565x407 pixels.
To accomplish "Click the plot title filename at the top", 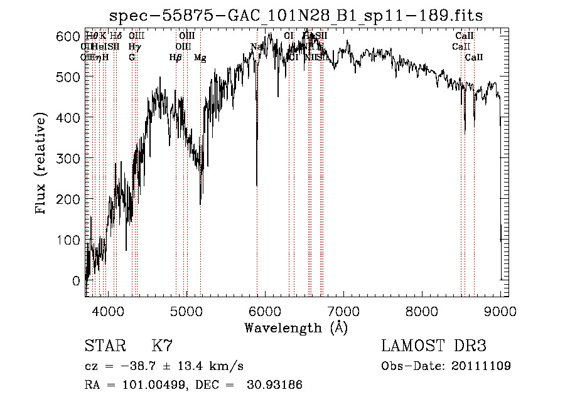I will (x=296, y=16).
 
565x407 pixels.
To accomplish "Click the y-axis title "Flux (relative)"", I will (x=41, y=164).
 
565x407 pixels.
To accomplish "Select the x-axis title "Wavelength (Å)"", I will (x=296, y=327).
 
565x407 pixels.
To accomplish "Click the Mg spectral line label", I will (x=200, y=58).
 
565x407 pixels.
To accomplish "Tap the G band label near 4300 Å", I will (x=132, y=58).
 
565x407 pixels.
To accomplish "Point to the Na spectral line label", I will (x=256, y=47).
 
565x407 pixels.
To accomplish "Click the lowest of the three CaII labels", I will (x=474, y=58).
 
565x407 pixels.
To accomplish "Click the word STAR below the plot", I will (x=104, y=346).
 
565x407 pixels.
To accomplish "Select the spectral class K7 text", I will (x=162, y=346).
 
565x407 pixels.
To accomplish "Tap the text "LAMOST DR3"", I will (x=433, y=346).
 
